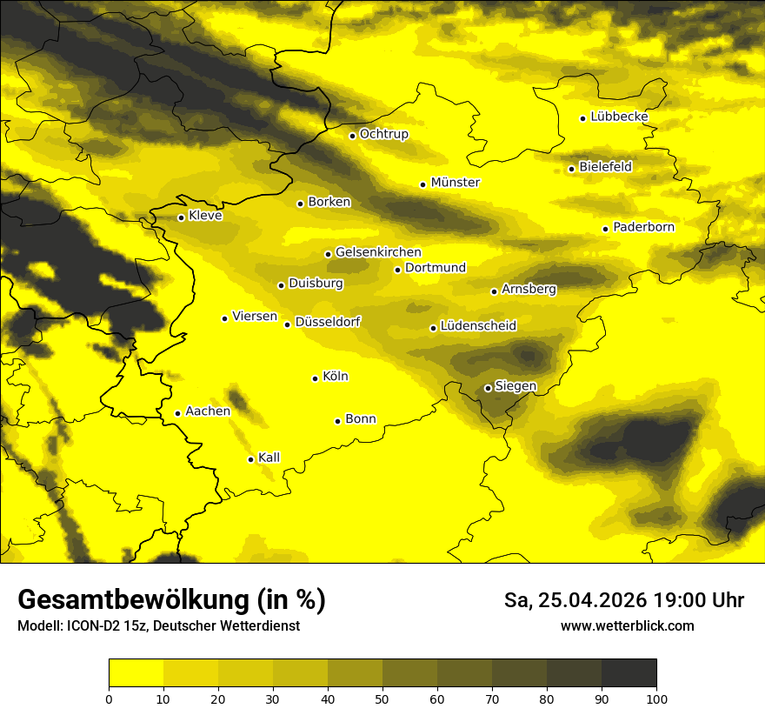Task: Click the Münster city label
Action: pos(455,183)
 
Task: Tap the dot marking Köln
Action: pos(315,378)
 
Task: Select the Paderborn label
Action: pos(643,227)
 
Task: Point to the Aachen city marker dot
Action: pos(177,413)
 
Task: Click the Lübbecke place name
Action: pos(619,117)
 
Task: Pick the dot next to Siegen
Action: pos(488,388)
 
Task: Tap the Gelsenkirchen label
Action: pos(378,252)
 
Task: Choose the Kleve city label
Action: pos(205,216)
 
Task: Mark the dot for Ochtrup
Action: pos(352,136)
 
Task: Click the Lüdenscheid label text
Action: pos(478,326)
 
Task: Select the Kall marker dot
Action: pos(250,459)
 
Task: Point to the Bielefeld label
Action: pos(605,166)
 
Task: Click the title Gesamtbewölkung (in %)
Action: pos(171,600)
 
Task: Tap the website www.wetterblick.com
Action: pos(627,625)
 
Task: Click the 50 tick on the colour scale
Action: pos(382,699)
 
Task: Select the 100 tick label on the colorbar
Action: pos(656,699)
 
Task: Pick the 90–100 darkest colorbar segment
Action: pos(629,673)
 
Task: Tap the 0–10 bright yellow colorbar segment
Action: pos(136,673)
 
